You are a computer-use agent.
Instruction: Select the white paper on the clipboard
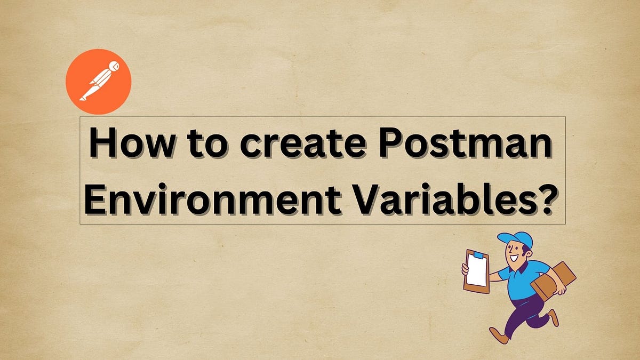pyautogui.click(x=476, y=270)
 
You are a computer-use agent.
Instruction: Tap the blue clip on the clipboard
pyautogui.click(x=478, y=254)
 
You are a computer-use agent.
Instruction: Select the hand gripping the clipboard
pyautogui.click(x=465, y=269)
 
